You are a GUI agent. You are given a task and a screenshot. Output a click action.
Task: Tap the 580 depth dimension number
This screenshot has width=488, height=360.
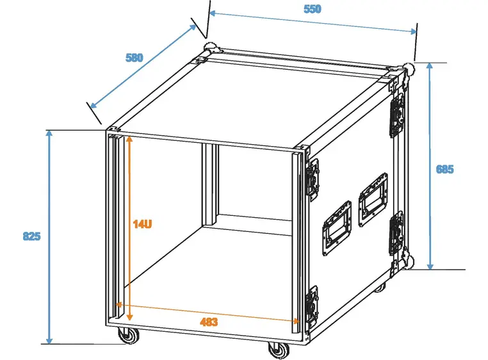tap(134, 57)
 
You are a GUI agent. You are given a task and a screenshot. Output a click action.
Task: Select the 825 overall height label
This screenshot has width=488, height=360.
tap(31, 236)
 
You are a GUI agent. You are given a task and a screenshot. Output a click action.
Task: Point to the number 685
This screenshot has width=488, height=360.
tap(444, 170)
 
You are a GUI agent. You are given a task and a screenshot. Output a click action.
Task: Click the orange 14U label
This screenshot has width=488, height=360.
tap(142, 224)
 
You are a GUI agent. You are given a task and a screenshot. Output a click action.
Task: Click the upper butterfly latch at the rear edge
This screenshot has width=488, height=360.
tap(396, 115)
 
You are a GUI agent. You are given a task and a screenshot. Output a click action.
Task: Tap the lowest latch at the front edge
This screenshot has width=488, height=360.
tap(313, 305)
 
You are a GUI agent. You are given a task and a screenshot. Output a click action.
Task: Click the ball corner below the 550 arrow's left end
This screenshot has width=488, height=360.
tap(211, 50)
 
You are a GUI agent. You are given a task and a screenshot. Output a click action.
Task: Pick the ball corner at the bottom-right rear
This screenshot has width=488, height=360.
tap(408, 262)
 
